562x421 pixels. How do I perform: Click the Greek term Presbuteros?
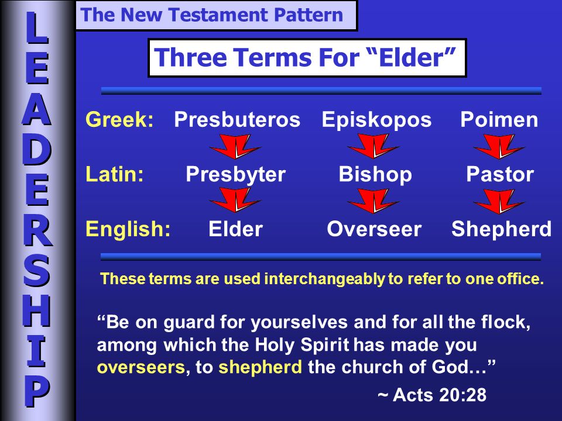[x=237, y=119]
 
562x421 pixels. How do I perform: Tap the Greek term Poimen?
[x=499, y=119]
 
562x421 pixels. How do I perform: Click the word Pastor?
[x=500, y=174]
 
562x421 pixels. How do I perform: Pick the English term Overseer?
[x=374, y=229]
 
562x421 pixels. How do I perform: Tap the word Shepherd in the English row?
[x=501, y=229]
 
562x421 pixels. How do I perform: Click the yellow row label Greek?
[x=119, y=119]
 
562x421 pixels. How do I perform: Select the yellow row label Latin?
[x=115, y=174]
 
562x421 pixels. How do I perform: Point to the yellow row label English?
[x=128, y=229]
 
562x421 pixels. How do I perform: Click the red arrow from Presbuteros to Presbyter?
[x=235, y=146]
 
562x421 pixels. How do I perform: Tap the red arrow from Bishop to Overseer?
[x=373, y=201]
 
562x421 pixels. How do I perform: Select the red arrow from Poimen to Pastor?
[x=499, y=146]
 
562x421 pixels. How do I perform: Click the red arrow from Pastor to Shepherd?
[x=499, y=201]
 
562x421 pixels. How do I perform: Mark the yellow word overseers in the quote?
[x=141, y=368]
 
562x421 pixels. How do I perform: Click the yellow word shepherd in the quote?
[x=260, y=367]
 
